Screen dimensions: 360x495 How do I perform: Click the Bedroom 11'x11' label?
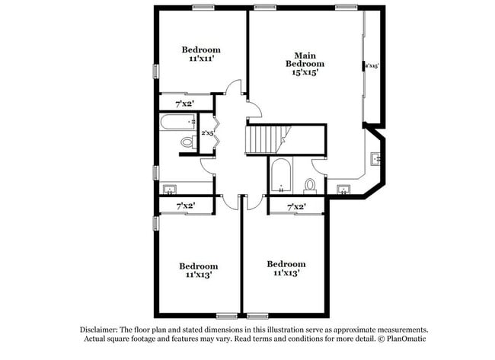click(202, 54)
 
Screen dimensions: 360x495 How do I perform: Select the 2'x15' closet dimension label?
click(372, 66)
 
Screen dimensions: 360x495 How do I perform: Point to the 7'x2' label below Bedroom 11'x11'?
click(184, 102)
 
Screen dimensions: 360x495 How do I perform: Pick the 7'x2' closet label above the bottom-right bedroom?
click(296, 206)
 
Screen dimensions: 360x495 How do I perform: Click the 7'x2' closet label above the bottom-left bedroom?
click(185, 205)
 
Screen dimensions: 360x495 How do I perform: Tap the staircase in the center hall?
click(263, 139)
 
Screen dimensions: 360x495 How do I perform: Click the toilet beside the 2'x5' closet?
click(187, 142)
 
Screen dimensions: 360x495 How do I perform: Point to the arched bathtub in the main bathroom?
click(280, 177)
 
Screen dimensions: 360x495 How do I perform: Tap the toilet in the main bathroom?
click(310, 185)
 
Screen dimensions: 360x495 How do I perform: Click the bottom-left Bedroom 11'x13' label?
click(198, 270)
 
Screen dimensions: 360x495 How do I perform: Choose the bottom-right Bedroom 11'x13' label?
click(286, 268)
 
